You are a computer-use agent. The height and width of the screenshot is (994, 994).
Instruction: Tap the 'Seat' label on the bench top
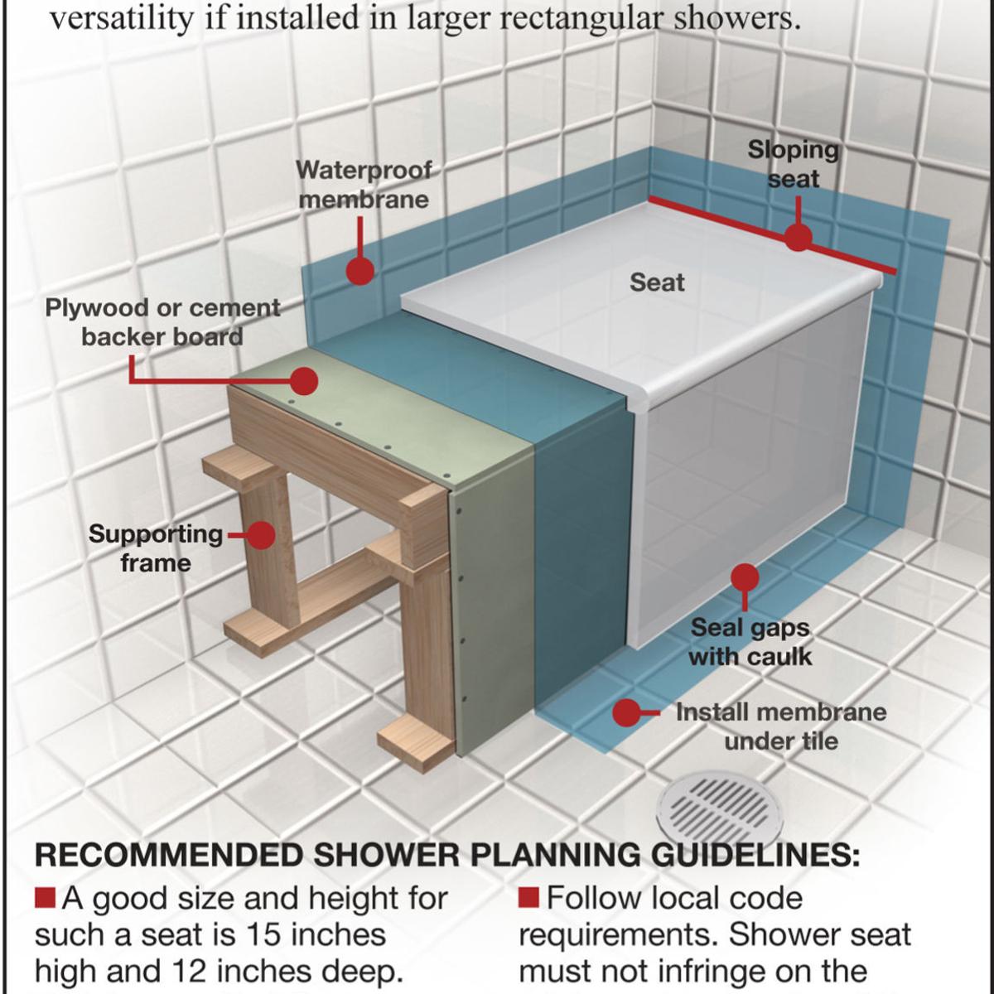[657, 282]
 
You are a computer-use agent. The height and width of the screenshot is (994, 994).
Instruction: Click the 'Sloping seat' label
[793, 164]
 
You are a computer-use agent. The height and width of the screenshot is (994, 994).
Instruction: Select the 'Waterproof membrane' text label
[364, 185]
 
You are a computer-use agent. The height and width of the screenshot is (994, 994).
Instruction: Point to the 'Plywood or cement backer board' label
[162, 322]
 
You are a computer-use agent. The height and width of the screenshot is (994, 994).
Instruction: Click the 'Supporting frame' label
[156, 548]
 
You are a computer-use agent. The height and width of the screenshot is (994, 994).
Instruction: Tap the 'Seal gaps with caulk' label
[750, 642]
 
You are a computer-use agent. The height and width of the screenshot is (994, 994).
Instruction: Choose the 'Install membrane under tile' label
[780, 726]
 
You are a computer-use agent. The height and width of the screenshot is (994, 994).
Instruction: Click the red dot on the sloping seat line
[798, 238]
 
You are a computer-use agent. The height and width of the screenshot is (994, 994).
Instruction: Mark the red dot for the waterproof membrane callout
[360, 270]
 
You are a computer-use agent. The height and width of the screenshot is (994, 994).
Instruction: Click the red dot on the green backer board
[305, 381]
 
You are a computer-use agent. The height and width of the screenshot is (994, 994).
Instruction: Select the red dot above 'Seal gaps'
[745, 577]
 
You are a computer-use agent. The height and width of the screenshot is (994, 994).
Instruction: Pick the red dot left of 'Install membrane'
[627, 712]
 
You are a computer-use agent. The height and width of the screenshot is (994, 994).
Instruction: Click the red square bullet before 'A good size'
[46, 897]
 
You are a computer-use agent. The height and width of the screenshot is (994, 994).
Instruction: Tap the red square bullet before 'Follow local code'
[529, 897]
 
